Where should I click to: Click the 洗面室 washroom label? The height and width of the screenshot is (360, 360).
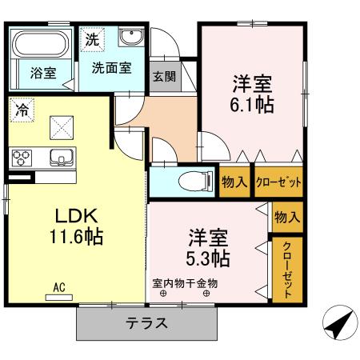tap(111, 70)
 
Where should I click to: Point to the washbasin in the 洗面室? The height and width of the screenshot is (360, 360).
tap(130, 38)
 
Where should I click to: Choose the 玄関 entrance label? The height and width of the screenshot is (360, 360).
tap(164, 78)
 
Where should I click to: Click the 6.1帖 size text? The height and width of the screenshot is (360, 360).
tap(254, 105)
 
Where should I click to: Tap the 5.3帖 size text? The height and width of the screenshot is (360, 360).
tap(210, 258)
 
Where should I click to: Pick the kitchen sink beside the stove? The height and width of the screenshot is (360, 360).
tap(59, 156)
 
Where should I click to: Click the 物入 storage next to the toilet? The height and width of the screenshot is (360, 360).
tap(235, 182)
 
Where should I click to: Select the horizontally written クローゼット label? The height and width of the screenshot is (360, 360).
tap(278, 182)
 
